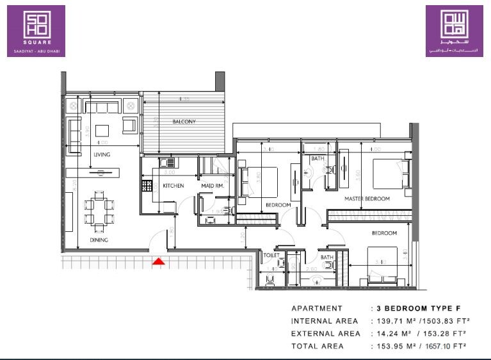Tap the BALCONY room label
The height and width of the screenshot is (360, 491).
click(x=184, y=122)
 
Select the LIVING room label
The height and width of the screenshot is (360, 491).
click(x=102, y=155)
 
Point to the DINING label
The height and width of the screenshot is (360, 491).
click(x=99, y=240)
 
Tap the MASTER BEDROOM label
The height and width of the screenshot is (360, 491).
click(x=367, y=199)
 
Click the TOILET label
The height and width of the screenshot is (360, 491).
click(x=271, y=254)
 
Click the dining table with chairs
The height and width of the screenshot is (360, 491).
click(x=98, y=209)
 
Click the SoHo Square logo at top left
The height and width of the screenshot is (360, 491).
click(x=36, y=31)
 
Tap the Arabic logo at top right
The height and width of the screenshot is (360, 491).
click(x=455, y=31)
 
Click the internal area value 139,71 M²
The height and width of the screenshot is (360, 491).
click(x=392, y=321)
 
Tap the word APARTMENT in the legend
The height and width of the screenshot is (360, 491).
click(x=317, y=308)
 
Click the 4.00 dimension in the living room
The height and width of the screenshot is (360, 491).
click(x=102, y=143)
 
